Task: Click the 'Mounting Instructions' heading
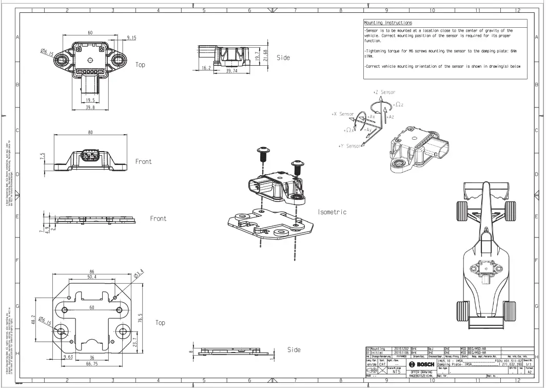click(388, 23)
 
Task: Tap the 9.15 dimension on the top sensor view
click(131, 38)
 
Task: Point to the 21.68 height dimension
click(265, 56)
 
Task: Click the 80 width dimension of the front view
click(91, 132)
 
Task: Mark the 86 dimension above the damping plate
click(92, 271)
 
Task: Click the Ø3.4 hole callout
click(139, 274)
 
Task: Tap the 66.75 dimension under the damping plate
click(92, 364)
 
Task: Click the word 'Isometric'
click(332, 212)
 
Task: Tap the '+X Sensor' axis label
click(343, 114)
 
